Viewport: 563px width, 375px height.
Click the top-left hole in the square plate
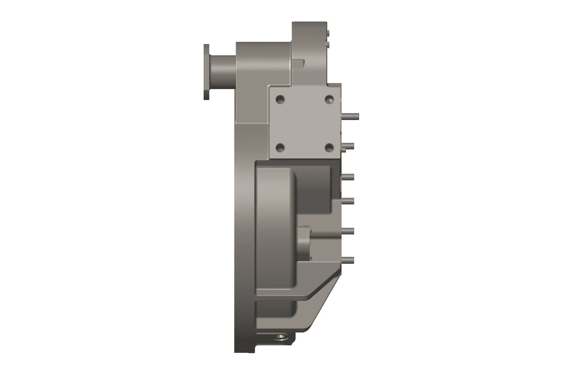click(x=280, y=99)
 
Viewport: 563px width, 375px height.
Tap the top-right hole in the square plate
click(x=329, y=99)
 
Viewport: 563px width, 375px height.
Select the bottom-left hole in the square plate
click(x=280, y=148)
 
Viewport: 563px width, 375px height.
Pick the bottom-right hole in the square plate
click(x=329, y=148)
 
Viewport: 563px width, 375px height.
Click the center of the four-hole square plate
click(x=304, y=123)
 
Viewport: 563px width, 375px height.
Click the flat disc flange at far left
click(x=206, y=71)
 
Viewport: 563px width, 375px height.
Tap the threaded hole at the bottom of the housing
click(x=281, y=337)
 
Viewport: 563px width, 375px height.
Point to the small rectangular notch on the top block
click(x=299, y=63)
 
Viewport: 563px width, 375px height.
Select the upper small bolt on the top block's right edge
click(x=328, y=33)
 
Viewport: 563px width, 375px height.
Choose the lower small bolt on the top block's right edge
click(x=328, y=44)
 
